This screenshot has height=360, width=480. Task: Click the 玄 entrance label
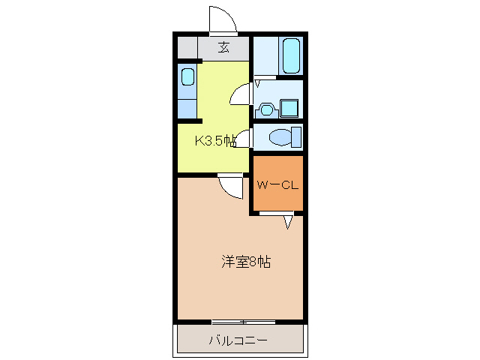pyautogui.click(x=223, y=47)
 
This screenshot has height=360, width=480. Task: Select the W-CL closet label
pyautogui.click(x=277, y=185)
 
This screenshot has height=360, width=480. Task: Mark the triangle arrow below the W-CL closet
pyautogui.click(x=288, y=222)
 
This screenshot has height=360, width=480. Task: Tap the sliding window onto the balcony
pyautogui.click(x=244, y=322)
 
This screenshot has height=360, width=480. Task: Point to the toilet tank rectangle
pyautogui.click(x=296, y=138)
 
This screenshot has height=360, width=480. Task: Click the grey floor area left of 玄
pyautogui.click(x=187, y=47)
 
